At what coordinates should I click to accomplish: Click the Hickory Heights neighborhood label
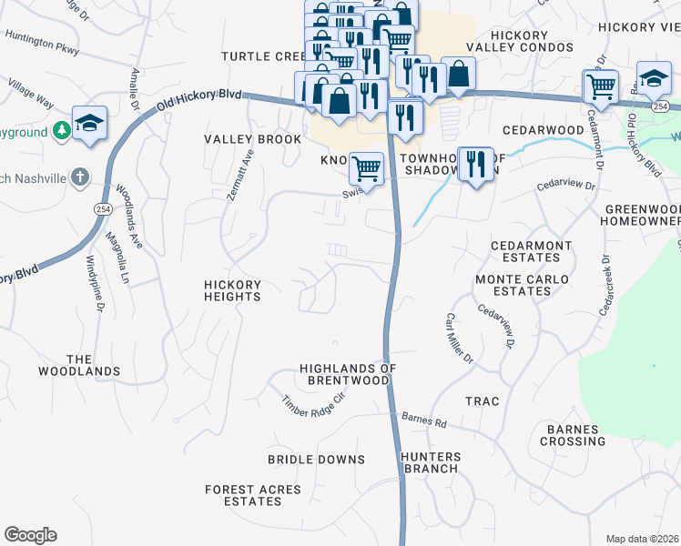click(x=231, y=290)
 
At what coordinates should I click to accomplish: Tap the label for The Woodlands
click(x=79, y=365)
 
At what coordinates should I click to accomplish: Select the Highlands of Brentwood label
click(x=349, y=374)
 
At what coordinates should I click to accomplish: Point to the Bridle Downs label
click(x=316, y=460)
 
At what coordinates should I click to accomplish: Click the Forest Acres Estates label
click(x=252, y=495)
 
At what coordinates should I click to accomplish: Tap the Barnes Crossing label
click(x=572, y=435)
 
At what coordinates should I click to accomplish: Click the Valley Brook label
click(x=252, y=139)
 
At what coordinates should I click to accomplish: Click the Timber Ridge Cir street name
click(x=314, y=405)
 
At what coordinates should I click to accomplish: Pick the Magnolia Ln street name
click(x=116, y=257)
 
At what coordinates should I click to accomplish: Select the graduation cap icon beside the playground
click(x=89, y=124)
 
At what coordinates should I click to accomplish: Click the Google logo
click(x=30, y=535)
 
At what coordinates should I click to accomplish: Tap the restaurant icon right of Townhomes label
click(x=475, y=165)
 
